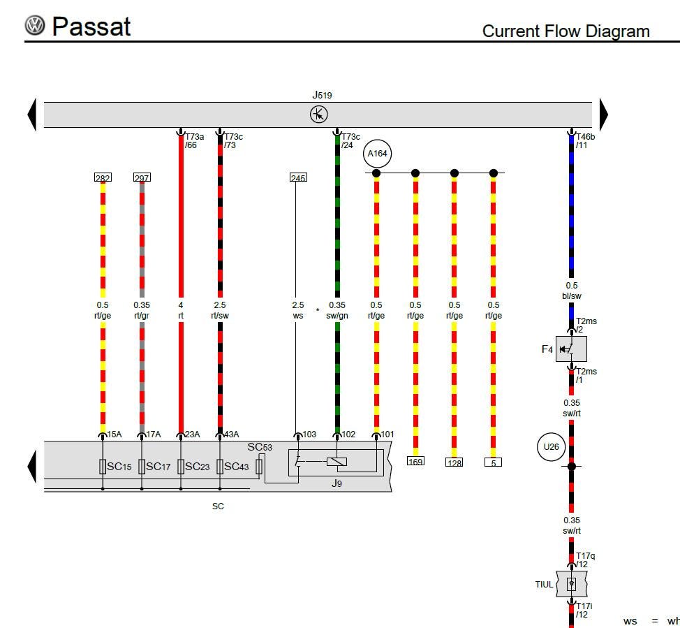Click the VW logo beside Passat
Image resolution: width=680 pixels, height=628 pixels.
(x=35, y=25)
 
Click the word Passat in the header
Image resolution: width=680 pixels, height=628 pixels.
(x=91, y=27)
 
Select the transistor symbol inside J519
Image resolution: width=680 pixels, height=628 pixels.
(x=319, y=115)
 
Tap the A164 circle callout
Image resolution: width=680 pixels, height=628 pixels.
(x=377, y=154)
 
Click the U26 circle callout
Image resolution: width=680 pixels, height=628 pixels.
(x=552, y=446)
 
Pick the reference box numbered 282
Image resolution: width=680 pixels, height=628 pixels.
(x=103, y=177)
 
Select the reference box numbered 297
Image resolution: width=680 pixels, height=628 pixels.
(x=142, y=177)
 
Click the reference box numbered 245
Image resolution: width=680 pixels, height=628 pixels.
(x=298, y=177)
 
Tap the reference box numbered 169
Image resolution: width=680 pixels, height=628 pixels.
(x=415, y=461)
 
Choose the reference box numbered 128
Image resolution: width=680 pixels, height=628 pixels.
(x=454, y=462)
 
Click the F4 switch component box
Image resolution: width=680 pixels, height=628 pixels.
(x=571, y=349)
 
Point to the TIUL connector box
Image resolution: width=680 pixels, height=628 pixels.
(x=572, y=584)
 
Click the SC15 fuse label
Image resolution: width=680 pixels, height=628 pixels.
(x=119, y=467)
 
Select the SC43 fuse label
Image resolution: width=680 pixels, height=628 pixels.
(x=237, y=467)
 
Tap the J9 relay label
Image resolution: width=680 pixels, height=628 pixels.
(x=337, y=483)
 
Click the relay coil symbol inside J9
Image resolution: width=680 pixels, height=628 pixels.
(x=337, y=462)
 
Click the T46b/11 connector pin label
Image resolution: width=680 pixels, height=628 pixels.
(x=585, y=141)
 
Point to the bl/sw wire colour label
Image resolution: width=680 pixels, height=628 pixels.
(x=572, y=296)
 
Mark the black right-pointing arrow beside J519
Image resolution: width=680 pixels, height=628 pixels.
(x=604, y=115)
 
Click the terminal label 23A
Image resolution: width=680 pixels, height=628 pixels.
(x=192, y=434)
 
